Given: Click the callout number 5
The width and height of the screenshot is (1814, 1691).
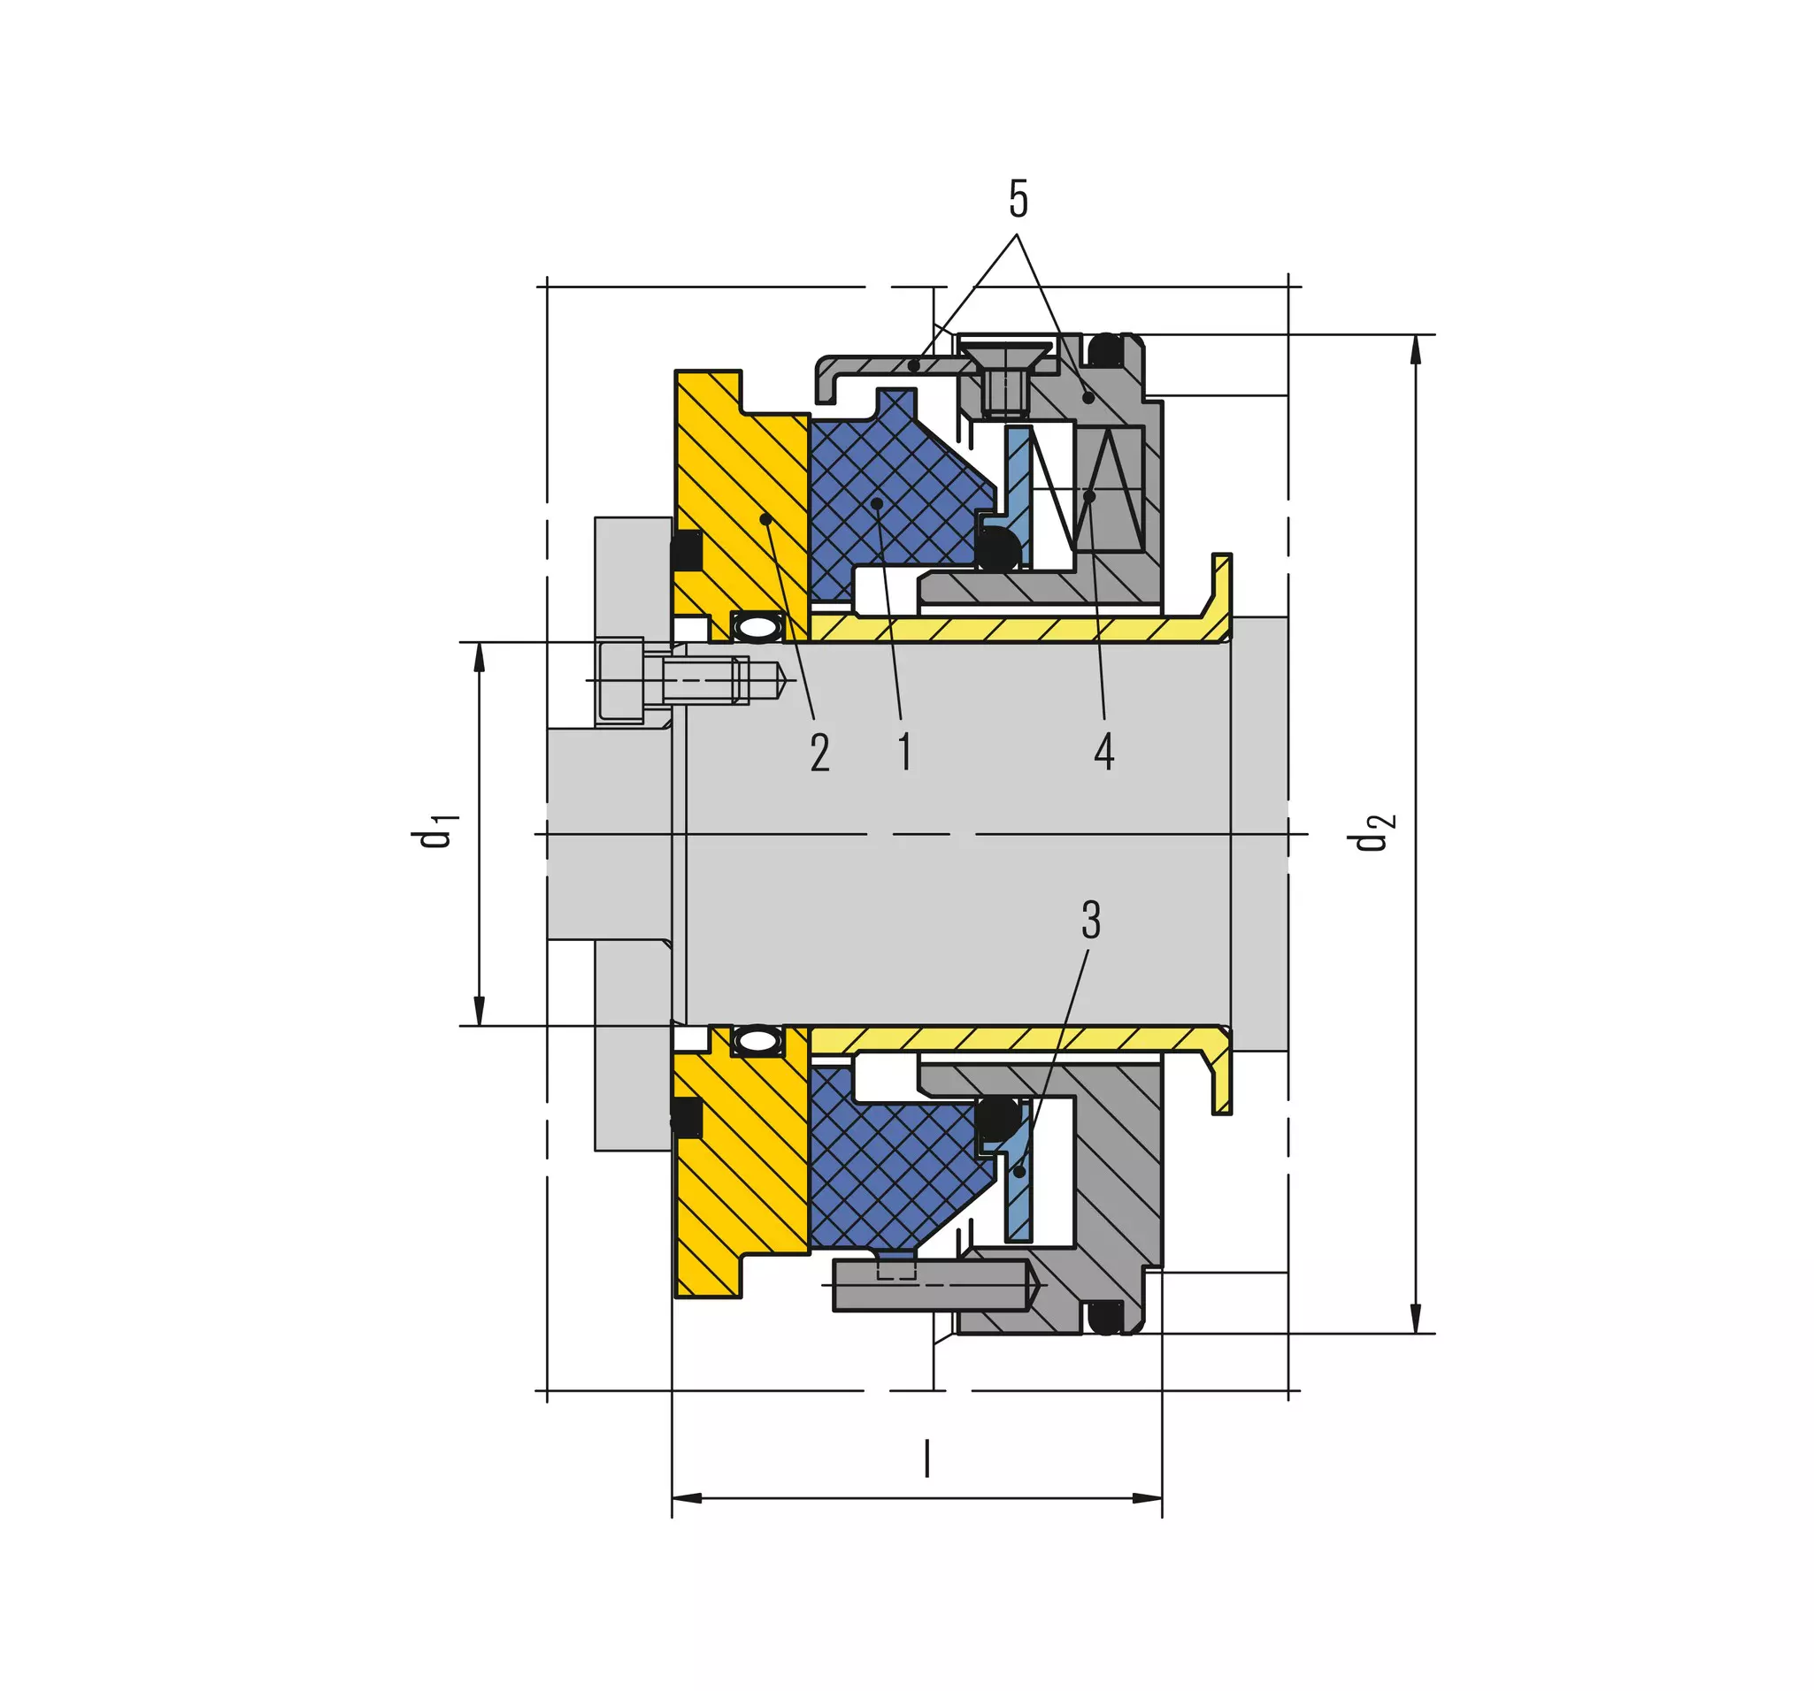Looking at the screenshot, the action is click(x=1018, y=199).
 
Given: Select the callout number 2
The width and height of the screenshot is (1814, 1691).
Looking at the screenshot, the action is click(x=819, y=754).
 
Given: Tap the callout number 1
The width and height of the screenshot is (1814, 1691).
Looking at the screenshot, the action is click(x=904, y=752).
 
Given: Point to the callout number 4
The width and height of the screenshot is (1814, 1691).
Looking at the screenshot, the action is click(x=1104, y=753).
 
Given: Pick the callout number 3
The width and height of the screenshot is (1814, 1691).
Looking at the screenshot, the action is click(x=1090, y=921).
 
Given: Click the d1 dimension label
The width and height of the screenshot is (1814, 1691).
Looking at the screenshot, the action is click(x=434, y=830).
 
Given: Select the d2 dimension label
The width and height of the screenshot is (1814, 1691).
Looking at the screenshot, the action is click(x=1372, y=830).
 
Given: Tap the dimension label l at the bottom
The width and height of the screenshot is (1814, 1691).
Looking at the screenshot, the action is click(x=927, y=1458).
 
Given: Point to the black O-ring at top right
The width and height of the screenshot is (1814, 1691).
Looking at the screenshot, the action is click(x=1106, y=350).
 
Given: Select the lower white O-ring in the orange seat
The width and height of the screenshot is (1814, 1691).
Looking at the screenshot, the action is click(x=757, y=1041).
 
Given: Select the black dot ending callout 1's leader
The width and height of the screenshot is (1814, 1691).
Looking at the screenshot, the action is click(x=876, y=502).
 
